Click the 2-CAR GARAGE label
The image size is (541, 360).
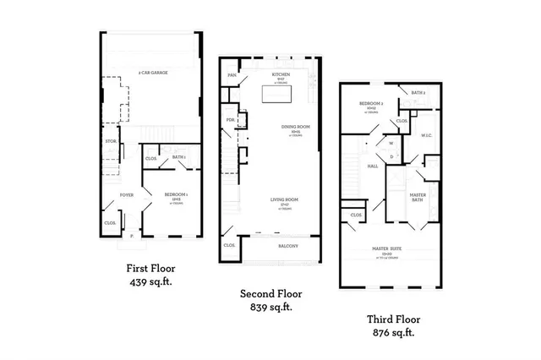(153, 74)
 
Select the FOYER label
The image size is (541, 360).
(126, 194)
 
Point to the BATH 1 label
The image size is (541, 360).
(178, 157)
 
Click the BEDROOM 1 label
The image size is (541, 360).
(176, 194)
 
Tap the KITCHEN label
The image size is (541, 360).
(281, 74)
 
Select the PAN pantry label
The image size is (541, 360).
(231, 75)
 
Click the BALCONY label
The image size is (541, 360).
(287, 246)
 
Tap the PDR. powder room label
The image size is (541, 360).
(230, 120)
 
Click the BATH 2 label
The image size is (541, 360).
(418, 92)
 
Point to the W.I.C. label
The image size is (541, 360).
(427, 134)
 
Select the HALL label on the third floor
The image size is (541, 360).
(373, 166)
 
